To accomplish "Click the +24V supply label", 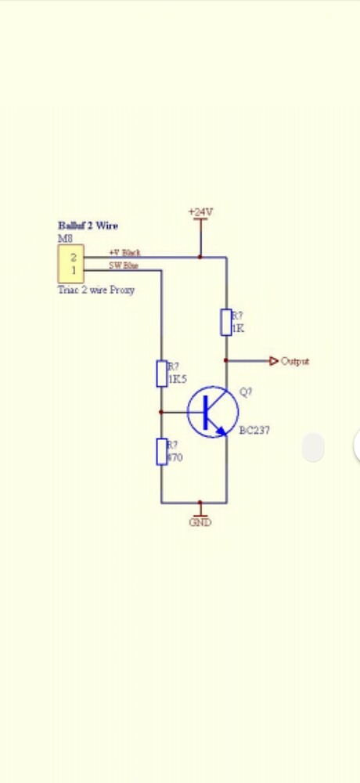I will pyautogui.click(x=200, y=212).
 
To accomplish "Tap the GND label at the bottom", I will pyautogui.click(x=200, y=522).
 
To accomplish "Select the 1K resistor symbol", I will pyautogui.click(x=226, y=322).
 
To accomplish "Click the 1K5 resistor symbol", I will pyautogui.click(x=161, y=373).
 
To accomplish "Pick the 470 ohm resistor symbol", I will pyautogui.click(x=161, y=452).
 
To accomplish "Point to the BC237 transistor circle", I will pyautogui.click(x=212, y=412).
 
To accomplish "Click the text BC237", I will pyautogui.click(x=254, y=430).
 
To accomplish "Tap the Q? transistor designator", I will pyautogui.click(x=246, y=392).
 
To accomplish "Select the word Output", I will pyautogui.click(x=295, y=361).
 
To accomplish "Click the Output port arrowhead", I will pyautogui.click(x=274, y=361).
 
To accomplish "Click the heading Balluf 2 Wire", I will pyautogui.click(x=88, y=226).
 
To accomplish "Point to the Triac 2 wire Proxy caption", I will pyautogui.click(x=96, y=290).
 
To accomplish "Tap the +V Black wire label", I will pyautogui.click(x=124, y=252).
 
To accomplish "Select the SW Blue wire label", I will pyautogui.click(x=124, y=266).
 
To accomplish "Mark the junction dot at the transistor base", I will pyautogui.click(x=161, y=412).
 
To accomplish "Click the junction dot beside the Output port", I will pyautogui.click(x=226, y=361).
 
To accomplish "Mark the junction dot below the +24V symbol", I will pyautogui.click(x=200, y=256).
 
